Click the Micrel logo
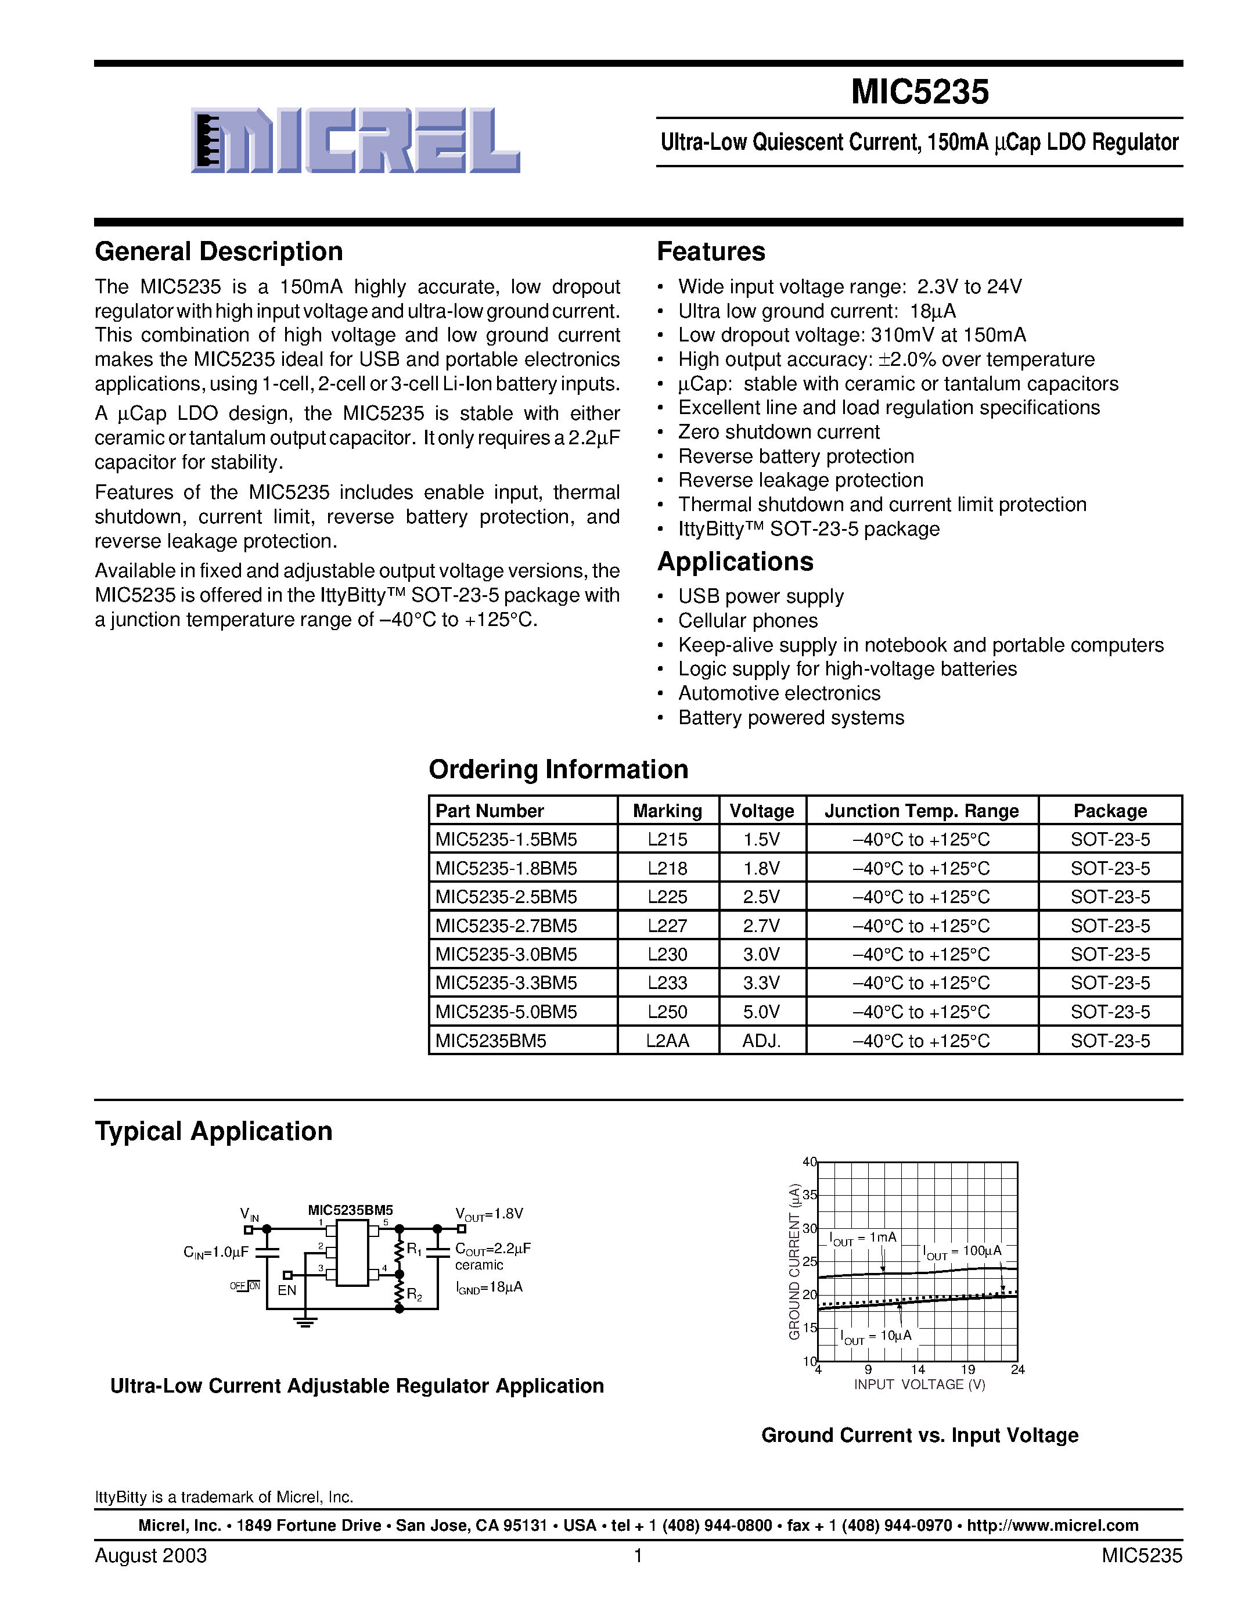click(355, 141)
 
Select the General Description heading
click(218, 251)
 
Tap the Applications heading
click(735, 562)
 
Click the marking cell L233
click(667, 983)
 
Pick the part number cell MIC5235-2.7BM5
click(506, 926)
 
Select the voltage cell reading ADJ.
click(762, 1041)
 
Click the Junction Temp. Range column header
click(921, 811)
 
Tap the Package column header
click(1110, 811)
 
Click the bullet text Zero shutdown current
click(779, 432)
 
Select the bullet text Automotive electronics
click(779, 693)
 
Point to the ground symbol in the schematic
click(305, 1321)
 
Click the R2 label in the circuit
click(415, 1295)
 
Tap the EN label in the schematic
click(286, 1290)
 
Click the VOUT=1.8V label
click(489, 1214)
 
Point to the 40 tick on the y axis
click(808, 1162)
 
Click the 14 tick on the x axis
click(918, 1369)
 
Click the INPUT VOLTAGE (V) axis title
click(919, 1385)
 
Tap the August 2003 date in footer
click(150, 1555)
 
